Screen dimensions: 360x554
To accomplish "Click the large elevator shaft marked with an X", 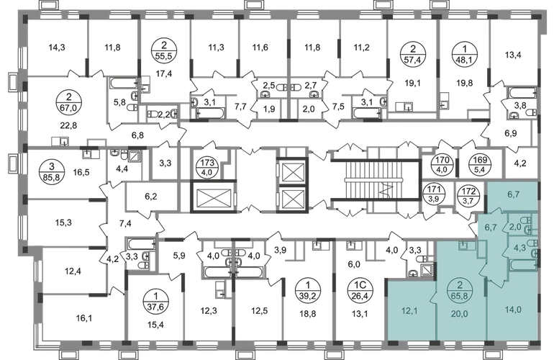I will click(212, 194).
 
